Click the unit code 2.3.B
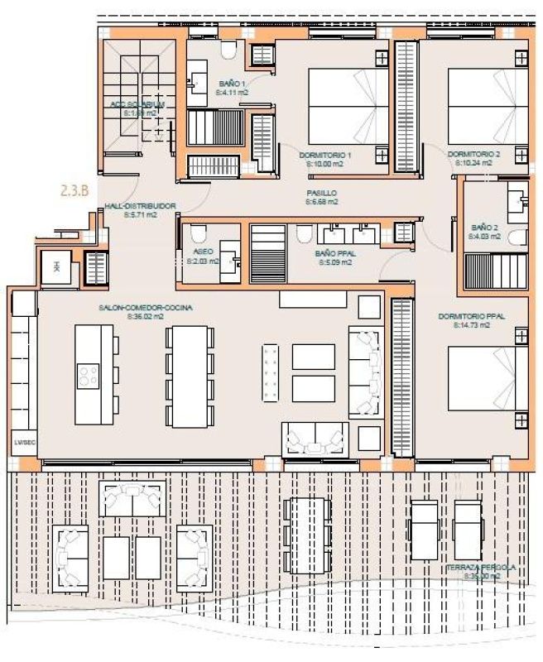(x=75, y=190)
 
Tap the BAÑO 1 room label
(x=233, y=84)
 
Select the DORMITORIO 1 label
(x=325, y=155)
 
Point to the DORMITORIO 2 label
(x=474, y=155)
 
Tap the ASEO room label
(x=203, y=251)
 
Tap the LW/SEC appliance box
(x=21, y=444)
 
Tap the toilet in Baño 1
(x=229, y=50)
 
